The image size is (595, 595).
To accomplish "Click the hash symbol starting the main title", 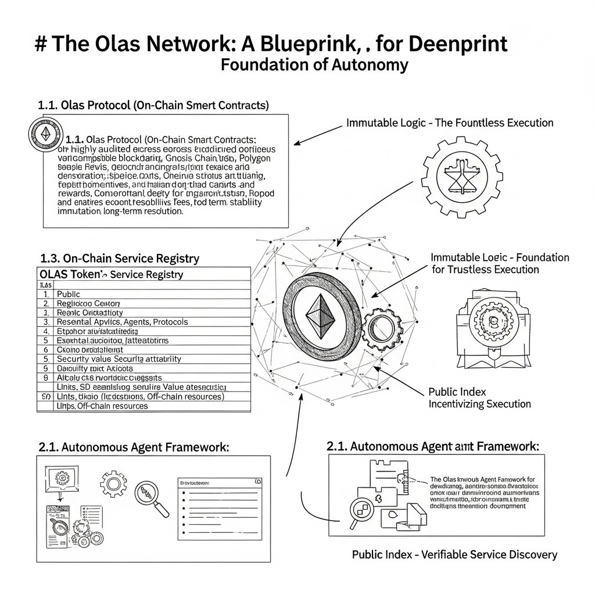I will (41, 45).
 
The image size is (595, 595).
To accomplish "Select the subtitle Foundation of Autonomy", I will (314, 64).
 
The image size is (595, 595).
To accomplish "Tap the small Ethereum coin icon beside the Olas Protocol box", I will (45, 135).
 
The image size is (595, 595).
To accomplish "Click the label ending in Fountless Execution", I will (450, 123).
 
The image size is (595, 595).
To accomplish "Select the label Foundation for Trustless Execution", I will (500, 263).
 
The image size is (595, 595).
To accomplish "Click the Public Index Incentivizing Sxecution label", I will (479, 397).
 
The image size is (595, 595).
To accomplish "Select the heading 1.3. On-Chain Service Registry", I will (120, 259).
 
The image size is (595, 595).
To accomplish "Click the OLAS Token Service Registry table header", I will (111, 274).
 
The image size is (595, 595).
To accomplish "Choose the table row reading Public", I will (69, 294).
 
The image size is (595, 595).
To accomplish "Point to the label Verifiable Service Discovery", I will (454, 554).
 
